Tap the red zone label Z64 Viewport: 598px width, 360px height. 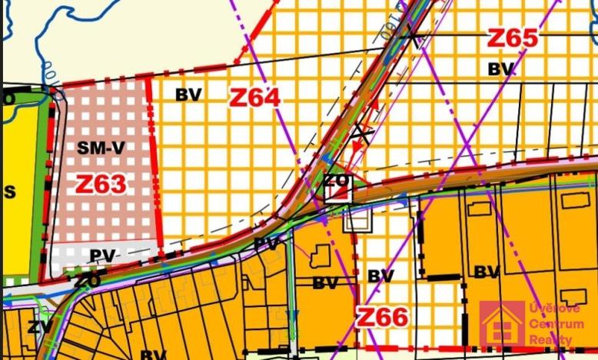pos(254,98)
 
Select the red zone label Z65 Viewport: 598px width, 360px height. pos(512,38)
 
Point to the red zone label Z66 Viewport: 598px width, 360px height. pos(382,316)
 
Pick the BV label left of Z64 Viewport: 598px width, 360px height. pos(188,95)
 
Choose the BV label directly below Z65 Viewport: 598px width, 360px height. pos(501,69)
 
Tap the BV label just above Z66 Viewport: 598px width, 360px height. pos(380,275)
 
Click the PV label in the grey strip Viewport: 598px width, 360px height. pos(102,255)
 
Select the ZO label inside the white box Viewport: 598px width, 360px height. pos(337,182)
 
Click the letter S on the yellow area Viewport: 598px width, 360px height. pos(10,192)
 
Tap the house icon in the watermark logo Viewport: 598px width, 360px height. pos(502,324)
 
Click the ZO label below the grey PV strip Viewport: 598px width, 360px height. pos(87,281)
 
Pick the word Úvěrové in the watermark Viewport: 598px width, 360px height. pos(555,308)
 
